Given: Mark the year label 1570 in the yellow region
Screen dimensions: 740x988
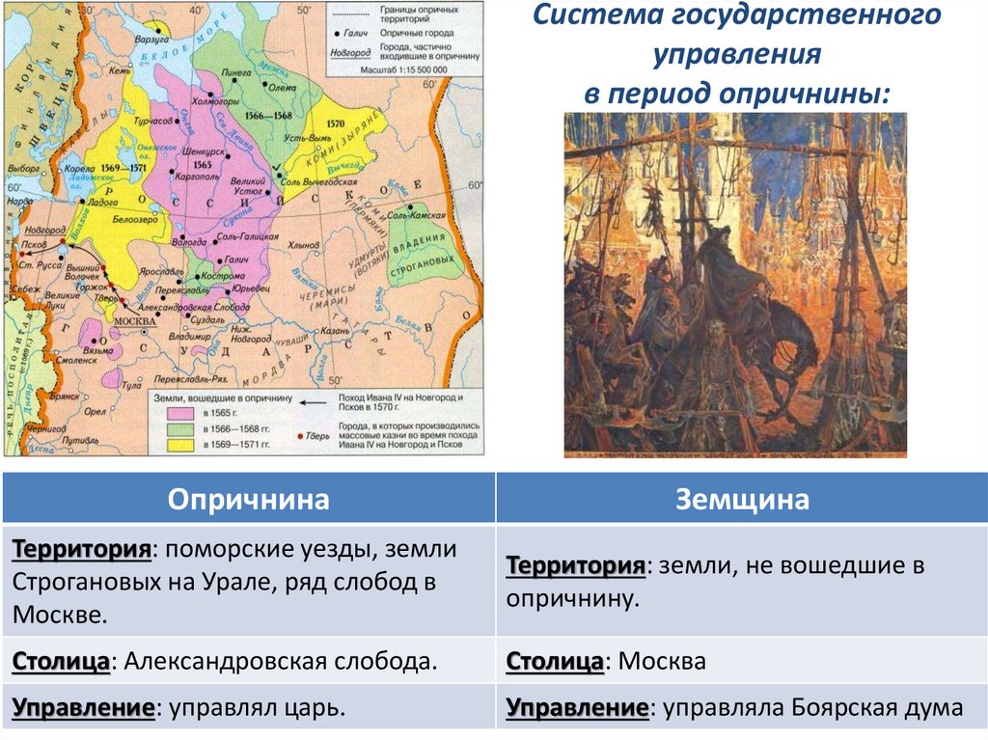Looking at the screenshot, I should [x=335, y=123].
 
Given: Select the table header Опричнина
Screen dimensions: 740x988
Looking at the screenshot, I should [x=249, y=499].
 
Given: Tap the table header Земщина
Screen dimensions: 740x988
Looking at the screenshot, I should [x=741, y=499].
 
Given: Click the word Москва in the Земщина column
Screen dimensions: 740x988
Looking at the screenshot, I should [x=662, y=663].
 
